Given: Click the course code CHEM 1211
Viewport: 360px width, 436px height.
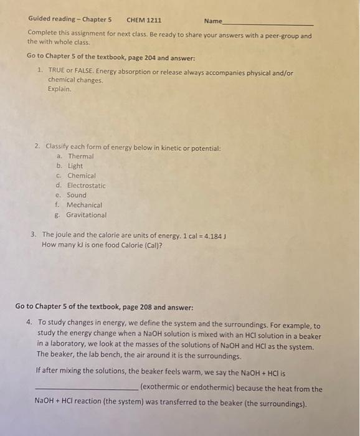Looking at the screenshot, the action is point(144,20).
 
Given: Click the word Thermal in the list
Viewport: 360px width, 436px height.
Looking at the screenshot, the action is point(81,156).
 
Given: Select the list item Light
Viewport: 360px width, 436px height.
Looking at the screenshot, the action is point(75,166).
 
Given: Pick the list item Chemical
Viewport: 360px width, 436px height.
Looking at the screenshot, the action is point(82,176).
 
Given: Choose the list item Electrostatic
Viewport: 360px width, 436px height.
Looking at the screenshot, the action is point(87,186).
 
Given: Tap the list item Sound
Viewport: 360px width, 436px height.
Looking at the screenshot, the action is point(77,195).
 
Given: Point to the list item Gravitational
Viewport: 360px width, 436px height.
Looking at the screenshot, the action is point(87,215).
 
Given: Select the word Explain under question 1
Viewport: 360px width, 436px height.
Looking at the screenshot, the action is point(60,89).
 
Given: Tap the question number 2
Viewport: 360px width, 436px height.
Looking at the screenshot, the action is point(38,146).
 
